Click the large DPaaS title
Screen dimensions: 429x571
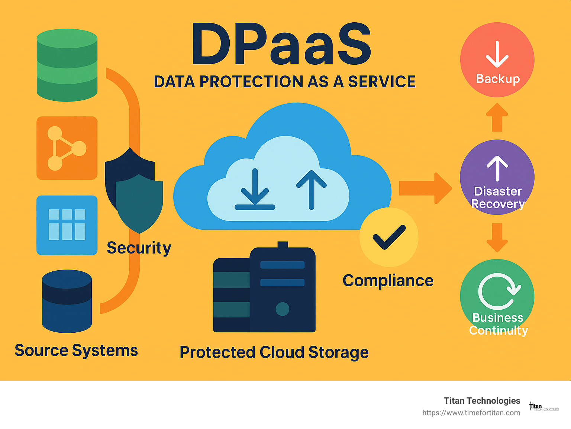(x=281, y=45)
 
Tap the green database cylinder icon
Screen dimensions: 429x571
(x=67, y=65)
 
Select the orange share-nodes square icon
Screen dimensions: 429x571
(x=67, y=148)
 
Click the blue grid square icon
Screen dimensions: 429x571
(x=67, y=225)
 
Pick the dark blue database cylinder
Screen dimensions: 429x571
(x=67, y=301)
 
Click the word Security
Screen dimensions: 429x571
(x=139, y=248)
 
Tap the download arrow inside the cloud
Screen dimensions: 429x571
(x=255, y=190)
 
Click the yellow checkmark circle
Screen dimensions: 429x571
(x=389, y=237)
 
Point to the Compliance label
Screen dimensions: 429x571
(x=388, y=281)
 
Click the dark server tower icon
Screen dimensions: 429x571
(x=264, y=290)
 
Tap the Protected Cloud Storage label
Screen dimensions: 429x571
(x=274, y=352)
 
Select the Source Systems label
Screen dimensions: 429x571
(x=76, y=351)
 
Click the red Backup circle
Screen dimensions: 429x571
(x=497, y=60)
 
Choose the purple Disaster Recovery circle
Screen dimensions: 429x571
(x=497, y=177)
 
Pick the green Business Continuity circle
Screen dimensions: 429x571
(x=497, y=296)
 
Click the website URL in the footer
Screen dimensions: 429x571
(x=471, y=413)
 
